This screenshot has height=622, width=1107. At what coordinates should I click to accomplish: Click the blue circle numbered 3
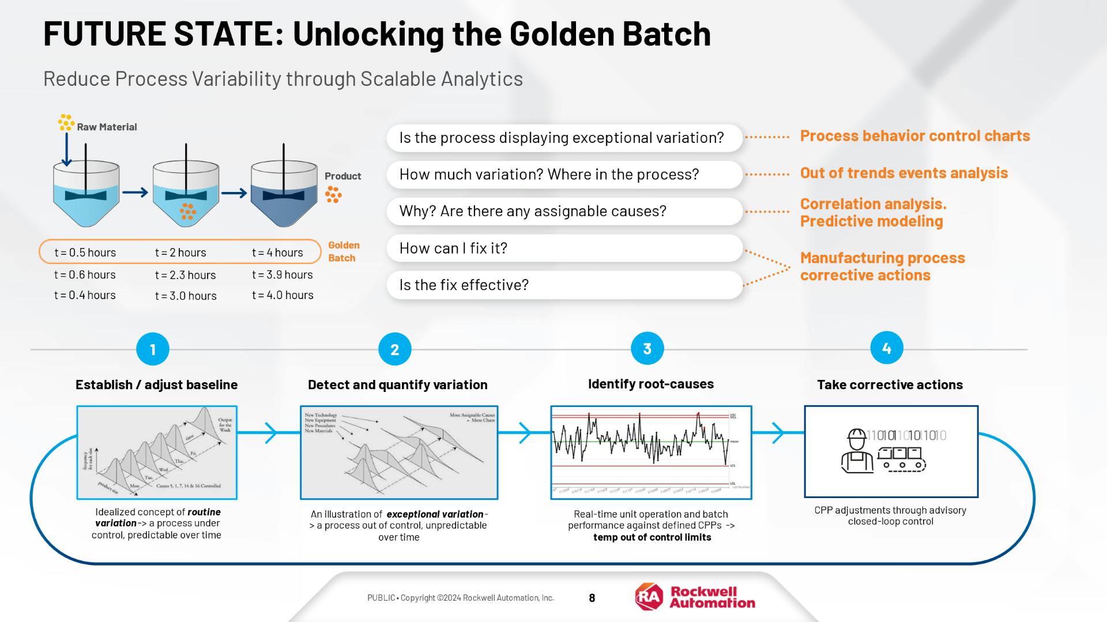(x=647, y=349)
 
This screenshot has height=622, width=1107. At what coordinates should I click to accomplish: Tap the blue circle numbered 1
(x=153, y=349)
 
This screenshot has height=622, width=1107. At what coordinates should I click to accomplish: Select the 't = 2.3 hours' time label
(x=185, y=275)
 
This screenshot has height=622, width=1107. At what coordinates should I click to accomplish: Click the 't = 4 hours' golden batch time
(x=277, y=252)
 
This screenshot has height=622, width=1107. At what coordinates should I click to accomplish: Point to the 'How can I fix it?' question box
(x=564, y=248)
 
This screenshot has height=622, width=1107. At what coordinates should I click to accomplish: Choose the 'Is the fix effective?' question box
(x=564, y=285)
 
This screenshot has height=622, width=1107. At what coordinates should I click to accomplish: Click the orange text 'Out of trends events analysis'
(x=903, y=173)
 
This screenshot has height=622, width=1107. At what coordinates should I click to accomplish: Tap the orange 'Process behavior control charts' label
(x=914, y=136)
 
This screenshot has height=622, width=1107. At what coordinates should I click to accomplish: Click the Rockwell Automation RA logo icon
(x=649, y=597)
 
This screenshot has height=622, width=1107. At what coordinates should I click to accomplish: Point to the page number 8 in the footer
(x=592, y=598)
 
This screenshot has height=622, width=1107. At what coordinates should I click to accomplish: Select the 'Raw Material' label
(x=107, y=127)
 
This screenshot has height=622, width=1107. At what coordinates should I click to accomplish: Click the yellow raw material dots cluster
(x=66, y=122)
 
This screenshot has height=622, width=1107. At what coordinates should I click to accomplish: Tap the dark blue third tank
(x=284, y=196)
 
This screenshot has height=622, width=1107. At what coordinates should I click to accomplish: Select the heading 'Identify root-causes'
(x=650, y=384)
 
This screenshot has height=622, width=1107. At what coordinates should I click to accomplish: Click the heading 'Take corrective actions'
(x=890, y=384)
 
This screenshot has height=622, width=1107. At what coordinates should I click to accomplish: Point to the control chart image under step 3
(x=651, y=453)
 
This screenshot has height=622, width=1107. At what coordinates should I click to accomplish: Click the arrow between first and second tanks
(x=135, y=193)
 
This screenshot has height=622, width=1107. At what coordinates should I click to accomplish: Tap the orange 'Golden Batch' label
(x=344, y=251)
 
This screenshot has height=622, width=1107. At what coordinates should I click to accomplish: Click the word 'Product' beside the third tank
(x=342, y=176)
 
